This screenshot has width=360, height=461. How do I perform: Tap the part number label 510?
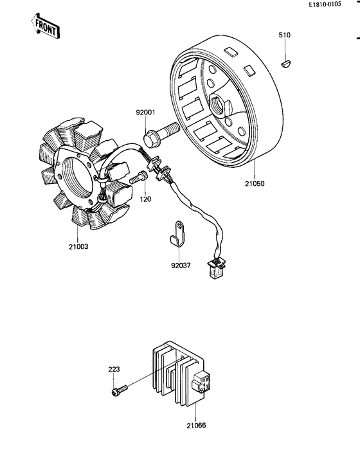coord(285,34)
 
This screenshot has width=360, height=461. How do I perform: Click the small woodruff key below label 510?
coord(286,63)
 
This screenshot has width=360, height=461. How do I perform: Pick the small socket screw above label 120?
coord(138,180)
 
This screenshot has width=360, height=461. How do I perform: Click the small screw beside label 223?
coord(119,390)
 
